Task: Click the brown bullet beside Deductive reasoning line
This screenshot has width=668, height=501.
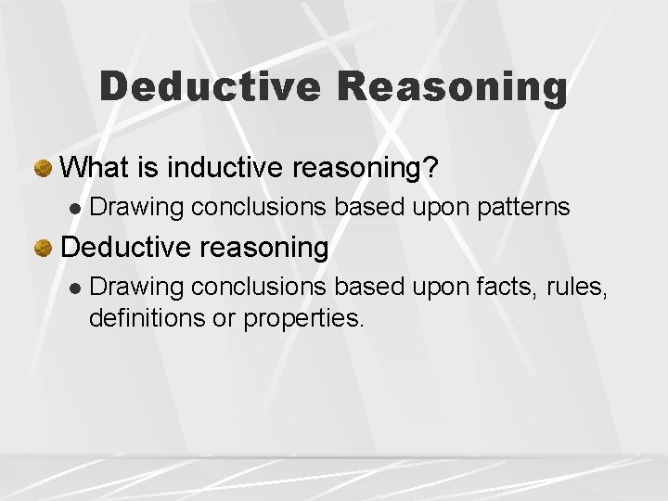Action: pos(43,248)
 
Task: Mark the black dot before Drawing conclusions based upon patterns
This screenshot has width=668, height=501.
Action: pos(75,208)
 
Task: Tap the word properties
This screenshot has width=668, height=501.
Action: pos(305,320)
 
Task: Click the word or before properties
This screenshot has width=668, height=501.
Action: pos(225,319)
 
